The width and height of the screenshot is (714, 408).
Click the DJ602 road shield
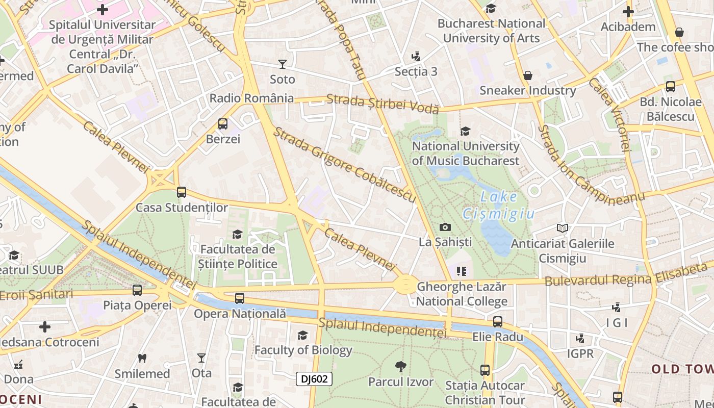click(x=314, y=378)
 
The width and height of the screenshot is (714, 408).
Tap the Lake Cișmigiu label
click(x=499, y=205)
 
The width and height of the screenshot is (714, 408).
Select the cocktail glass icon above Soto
click(x=282, y=64)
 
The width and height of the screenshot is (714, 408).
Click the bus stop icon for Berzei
click(x=223, y=123)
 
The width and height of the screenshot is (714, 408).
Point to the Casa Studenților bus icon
click(x=182, y=192)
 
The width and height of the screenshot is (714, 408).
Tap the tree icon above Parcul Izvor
click(x=401, y=366)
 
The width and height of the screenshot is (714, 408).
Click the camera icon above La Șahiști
click(x=445, y=227)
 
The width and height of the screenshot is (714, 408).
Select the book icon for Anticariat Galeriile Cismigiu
click(x=562, y=228)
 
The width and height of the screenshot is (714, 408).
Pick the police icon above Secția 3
click(x=416, y=56)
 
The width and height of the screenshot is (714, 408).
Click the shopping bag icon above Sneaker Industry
click(x=528, y=75)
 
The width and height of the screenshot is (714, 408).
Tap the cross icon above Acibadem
click(x=628, y=11)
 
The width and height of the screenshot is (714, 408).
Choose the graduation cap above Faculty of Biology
click(x=303, y=335)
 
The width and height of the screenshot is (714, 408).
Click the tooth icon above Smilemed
click(x=142, y=359)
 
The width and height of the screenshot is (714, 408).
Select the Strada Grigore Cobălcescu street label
click(x=345, y=165)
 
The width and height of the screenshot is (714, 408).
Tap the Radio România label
click(x=251, y=98)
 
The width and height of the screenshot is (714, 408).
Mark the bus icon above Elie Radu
click(x=498, y=322)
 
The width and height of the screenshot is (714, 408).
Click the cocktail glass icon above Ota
click(x=201, y=358)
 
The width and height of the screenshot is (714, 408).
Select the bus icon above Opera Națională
click(x=240, y=298)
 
